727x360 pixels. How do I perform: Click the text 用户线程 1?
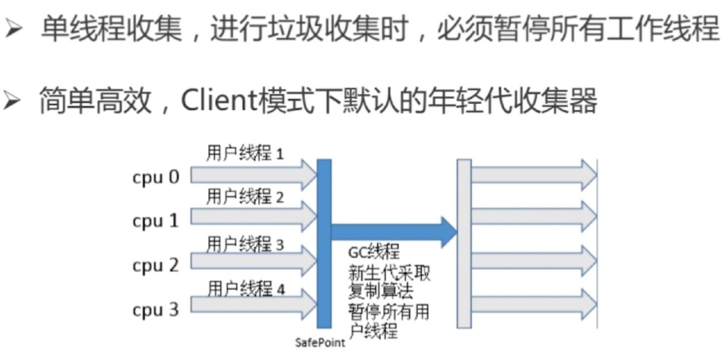pos(245,154)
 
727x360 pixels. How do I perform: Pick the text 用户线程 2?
pos(245,197)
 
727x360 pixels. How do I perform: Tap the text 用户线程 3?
pos(245,243)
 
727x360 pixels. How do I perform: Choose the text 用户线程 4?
pos(246,289)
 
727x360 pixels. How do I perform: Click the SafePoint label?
pos(320,342)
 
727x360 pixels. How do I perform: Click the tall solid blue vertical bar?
pos(324,243)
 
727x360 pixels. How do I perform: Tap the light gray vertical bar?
pos(464,243)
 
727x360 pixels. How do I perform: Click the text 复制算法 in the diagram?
pos(381,291)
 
